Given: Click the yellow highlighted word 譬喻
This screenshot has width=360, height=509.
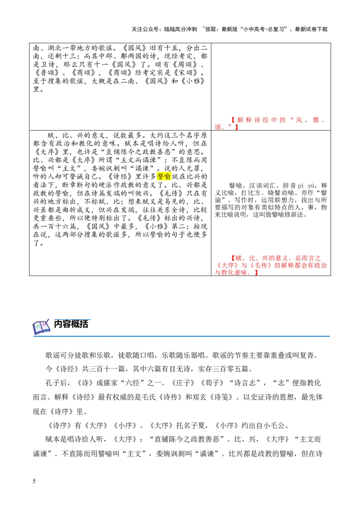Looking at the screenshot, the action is [164, 177].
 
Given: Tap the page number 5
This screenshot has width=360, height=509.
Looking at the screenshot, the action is [34, 481].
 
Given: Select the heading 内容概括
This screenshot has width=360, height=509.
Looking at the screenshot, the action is [71, 324].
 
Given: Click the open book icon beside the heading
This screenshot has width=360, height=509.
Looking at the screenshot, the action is [41, 326].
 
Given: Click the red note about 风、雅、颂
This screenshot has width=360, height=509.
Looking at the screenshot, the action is [270, 123].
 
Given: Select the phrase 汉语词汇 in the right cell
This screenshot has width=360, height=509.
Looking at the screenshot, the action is [262, 186].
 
